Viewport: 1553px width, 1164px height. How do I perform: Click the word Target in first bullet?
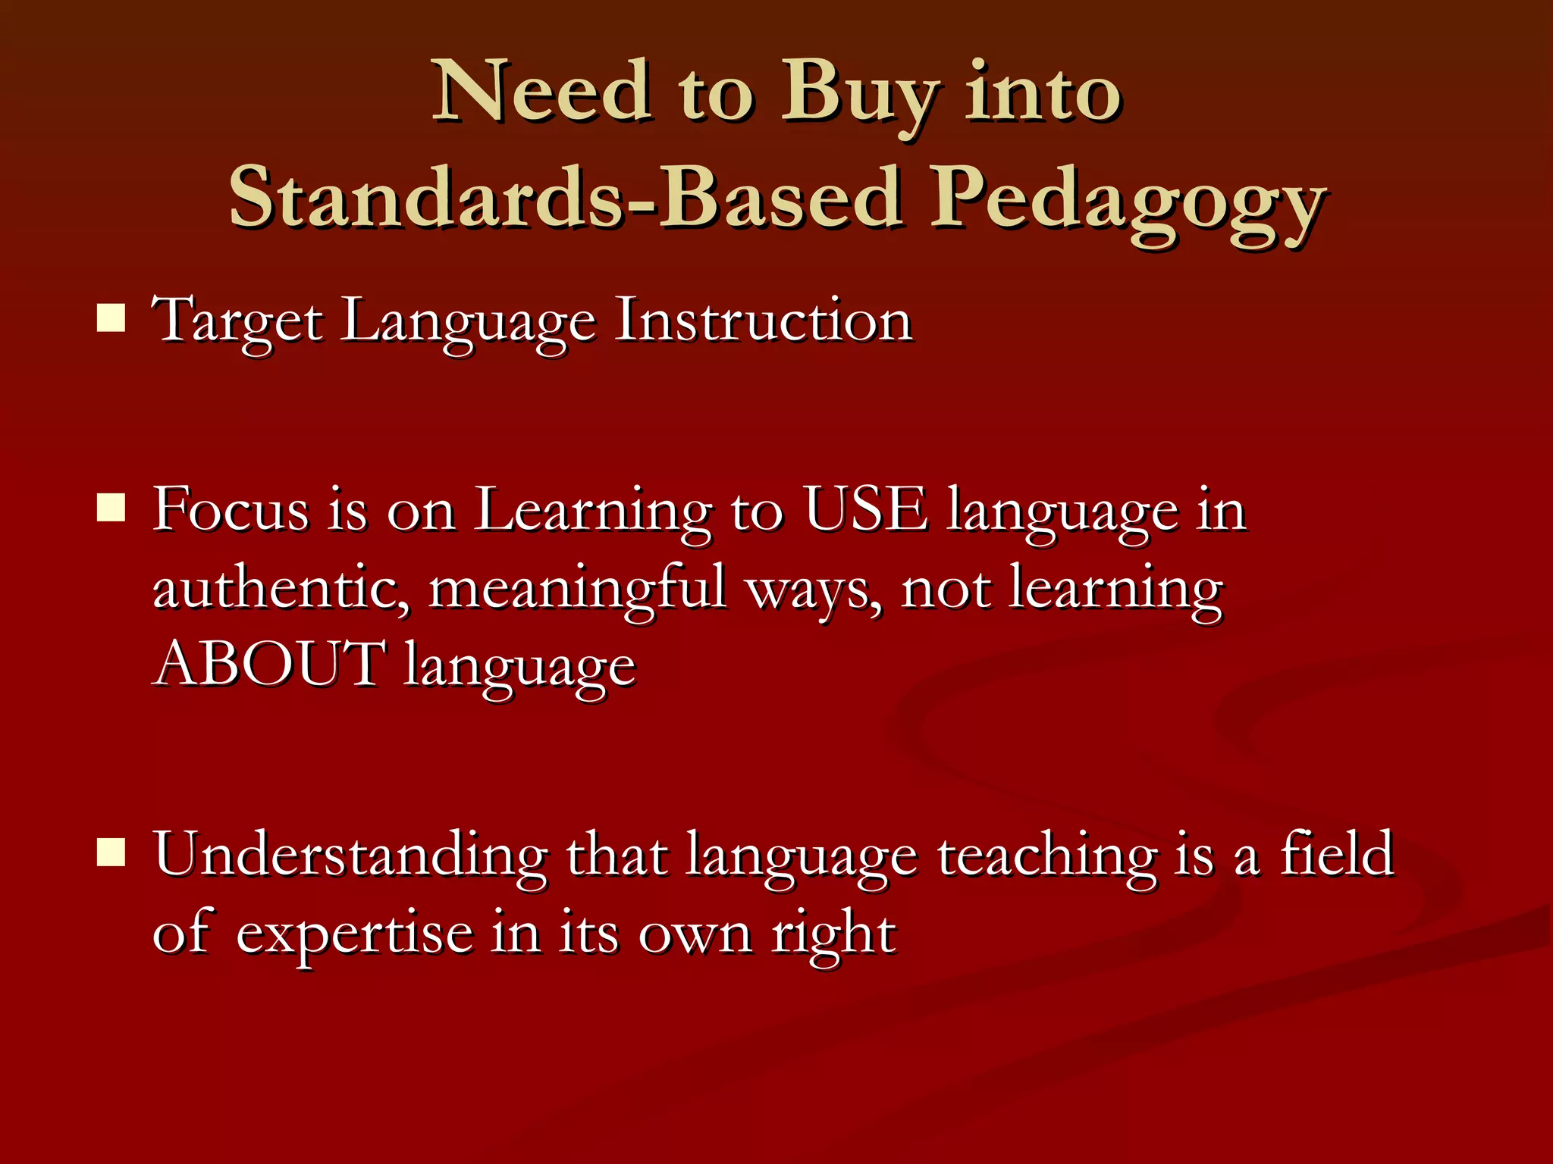coord(237,321)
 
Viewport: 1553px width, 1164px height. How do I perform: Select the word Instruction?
coord(763,320)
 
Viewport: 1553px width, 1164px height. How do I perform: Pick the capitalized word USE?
coord(866,509)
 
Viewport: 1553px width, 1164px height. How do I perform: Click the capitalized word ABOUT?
coord(269,664)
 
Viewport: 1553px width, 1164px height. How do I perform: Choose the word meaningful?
coord(578,589)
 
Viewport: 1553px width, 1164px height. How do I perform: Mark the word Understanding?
coord(350,855)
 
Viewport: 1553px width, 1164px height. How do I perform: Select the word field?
coord(1337,853)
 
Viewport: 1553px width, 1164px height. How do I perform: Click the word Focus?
coord(231,509)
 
